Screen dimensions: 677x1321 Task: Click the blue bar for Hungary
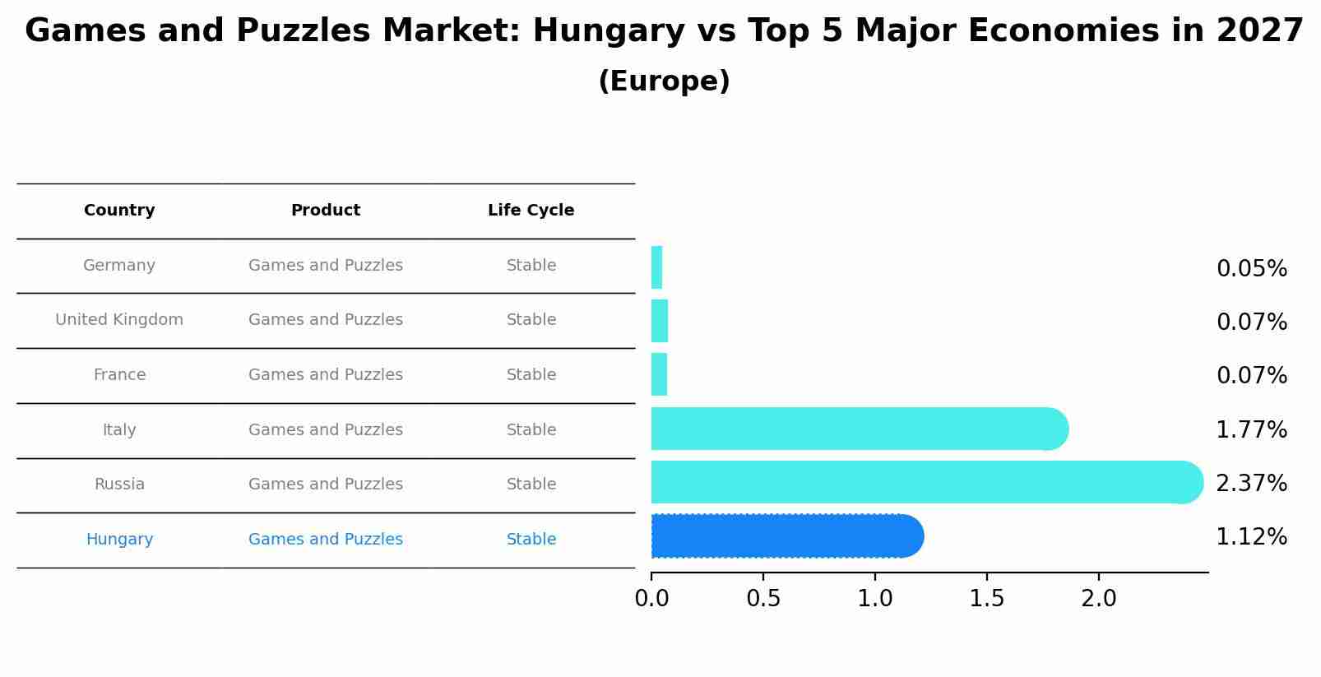point(786,536)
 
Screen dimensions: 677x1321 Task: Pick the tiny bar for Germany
point(656,267)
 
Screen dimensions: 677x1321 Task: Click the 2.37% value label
point(1251,484)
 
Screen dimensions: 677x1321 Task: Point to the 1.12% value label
point(1251,537)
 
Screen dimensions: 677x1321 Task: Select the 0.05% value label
point(1251,269)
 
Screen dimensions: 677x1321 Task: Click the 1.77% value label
point(1251,430)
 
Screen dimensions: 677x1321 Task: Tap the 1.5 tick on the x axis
point(986,599)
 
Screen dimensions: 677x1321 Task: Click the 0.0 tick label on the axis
point(651,599)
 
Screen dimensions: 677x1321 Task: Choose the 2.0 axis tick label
point(1098,599)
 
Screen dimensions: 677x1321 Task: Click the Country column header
point(119,211)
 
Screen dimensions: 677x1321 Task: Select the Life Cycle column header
point(531,211)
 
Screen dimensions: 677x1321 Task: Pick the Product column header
point(326,211)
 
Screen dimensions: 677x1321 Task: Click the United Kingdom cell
point(119,320)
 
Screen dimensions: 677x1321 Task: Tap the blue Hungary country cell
point(119,540)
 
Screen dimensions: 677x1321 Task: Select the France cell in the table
point(119,375)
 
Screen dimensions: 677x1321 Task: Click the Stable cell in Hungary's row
point(531,540)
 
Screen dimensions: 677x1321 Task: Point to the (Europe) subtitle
point(664,81)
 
